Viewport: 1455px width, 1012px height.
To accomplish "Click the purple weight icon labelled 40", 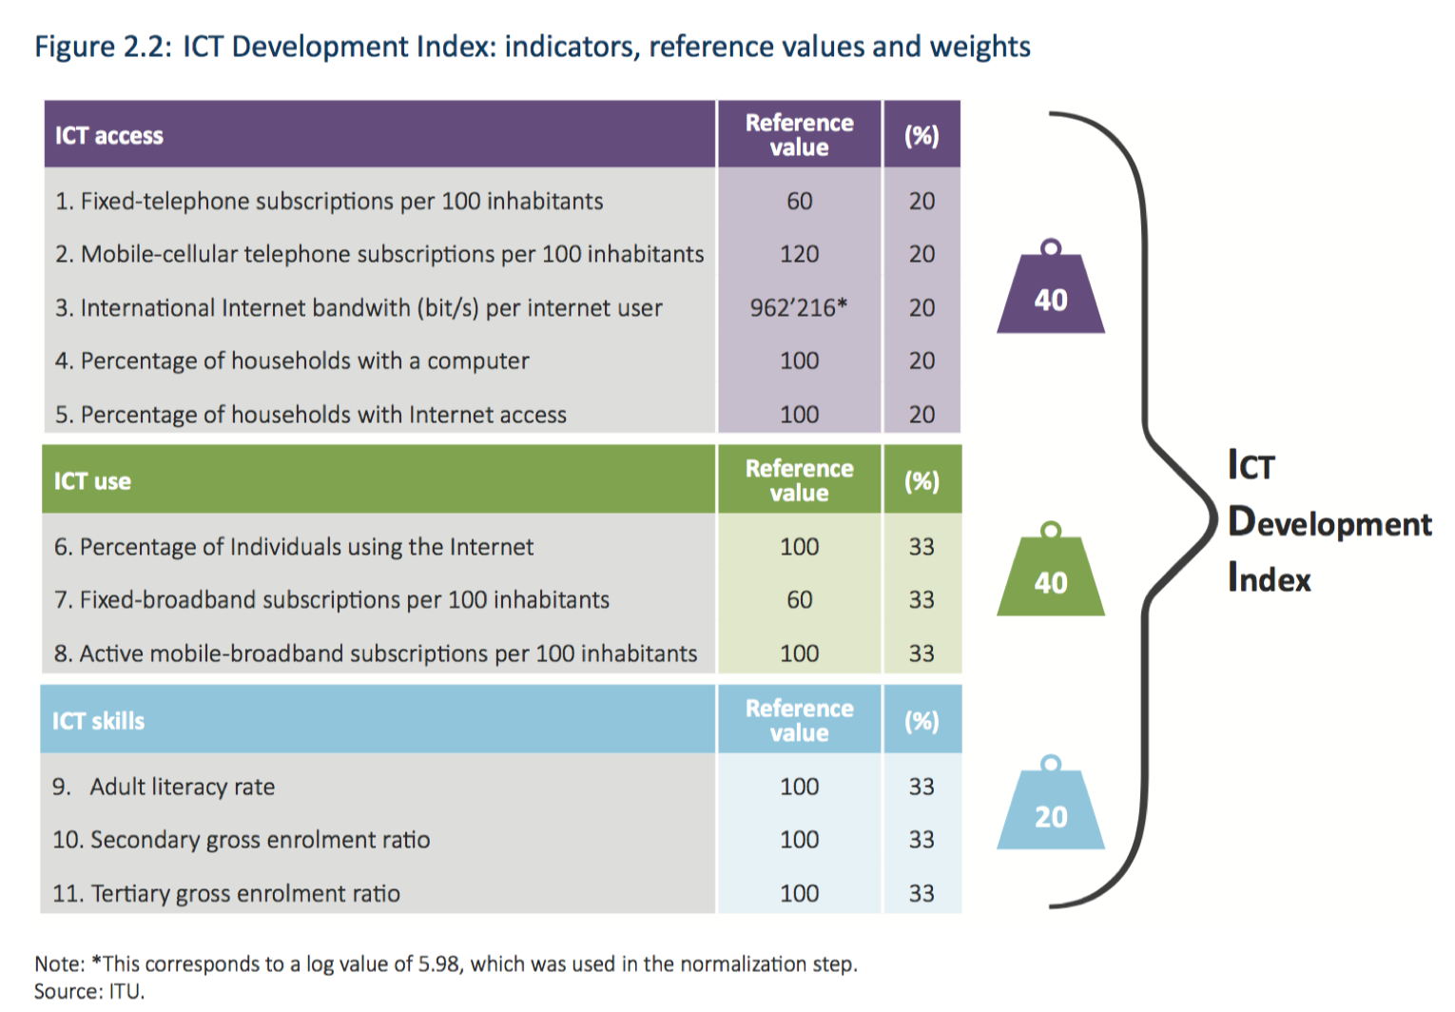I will click(1051, 292).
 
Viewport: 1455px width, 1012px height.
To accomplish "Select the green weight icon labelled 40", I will click(1051, 575).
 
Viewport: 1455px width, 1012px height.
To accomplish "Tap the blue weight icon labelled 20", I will click(1051, 809).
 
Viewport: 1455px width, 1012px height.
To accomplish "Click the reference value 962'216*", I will click(799, 308).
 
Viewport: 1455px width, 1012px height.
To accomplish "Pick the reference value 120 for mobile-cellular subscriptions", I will click(799, 255).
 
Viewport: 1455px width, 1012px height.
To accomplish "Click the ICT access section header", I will click(109, 136).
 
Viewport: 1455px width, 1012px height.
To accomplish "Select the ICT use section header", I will click(92, 481).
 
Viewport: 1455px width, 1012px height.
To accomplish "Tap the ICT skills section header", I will click(99, 721).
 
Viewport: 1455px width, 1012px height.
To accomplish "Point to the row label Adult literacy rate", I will click(182, 787).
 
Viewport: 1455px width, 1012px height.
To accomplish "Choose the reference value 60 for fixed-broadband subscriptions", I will click(799, 600).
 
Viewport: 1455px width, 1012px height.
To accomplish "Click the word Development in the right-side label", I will click(1329, 524).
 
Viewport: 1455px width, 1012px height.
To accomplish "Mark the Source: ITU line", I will click(89, 991).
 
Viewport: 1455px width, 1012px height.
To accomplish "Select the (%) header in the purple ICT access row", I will click(921, 136).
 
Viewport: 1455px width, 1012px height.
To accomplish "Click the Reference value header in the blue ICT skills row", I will click(799, 721).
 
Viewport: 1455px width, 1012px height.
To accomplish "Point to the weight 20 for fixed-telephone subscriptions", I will click(921, 202).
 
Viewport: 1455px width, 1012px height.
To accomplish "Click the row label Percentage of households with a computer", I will click(304, 361).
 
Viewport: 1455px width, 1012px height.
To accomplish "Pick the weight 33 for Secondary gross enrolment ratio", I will click(921, 840).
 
